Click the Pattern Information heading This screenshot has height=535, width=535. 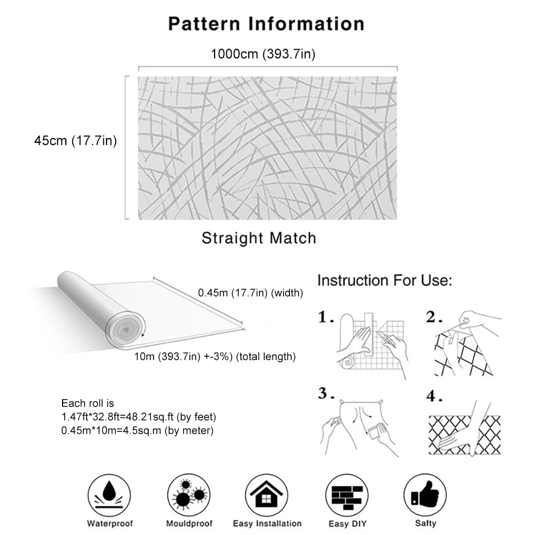266,24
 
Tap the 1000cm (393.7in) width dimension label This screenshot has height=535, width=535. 263,54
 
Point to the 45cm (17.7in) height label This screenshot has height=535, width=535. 75,141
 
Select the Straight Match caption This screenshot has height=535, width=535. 259,238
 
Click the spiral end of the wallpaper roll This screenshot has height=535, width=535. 125,329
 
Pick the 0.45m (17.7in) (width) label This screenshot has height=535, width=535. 250,293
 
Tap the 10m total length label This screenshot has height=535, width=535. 215,356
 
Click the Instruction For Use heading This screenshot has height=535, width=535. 385,280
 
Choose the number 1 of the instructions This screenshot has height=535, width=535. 325,317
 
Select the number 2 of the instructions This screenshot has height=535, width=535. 434,317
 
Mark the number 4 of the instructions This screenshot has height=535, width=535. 434,396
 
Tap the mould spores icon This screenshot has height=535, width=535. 189,495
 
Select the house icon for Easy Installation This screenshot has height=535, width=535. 266,495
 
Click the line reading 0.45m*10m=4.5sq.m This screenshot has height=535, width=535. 137,431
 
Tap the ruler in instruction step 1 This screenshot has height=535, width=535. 369,334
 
